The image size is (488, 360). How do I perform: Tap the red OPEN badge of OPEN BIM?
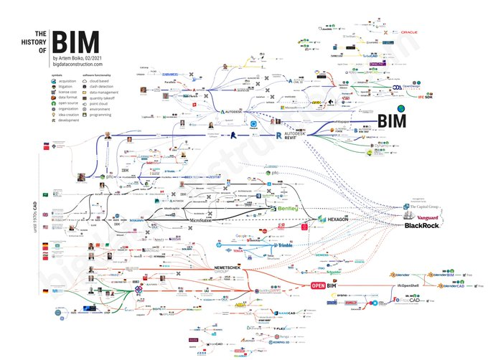pos(319,285)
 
